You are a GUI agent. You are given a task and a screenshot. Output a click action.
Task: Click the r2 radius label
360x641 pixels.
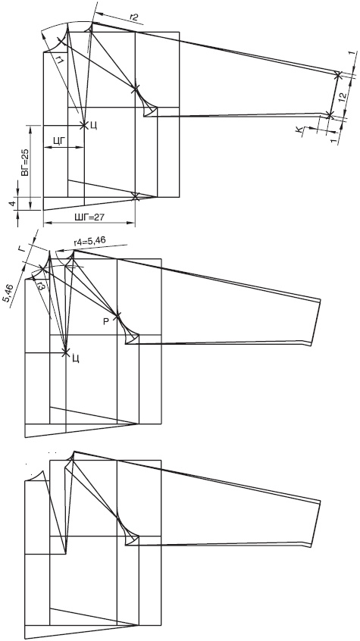point(133,17)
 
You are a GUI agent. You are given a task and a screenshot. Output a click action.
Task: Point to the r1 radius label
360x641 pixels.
point(60,61)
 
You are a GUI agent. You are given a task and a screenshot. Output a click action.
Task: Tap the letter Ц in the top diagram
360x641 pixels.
point(93,126)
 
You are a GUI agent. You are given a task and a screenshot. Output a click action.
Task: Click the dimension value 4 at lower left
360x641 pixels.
point(12,203)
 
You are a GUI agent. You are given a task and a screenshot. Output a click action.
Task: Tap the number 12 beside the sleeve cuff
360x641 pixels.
point(343,96)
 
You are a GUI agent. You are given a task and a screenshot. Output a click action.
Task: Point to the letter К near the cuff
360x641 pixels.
point(300,130)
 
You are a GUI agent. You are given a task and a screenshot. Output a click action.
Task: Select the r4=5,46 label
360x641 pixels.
point(89,241)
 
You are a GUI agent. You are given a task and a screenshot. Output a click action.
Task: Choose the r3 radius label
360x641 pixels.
point(41,286)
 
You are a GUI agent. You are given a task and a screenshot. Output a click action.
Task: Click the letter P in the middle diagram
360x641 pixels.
point(105,322)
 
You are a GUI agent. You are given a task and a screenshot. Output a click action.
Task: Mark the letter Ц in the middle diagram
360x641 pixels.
point(75,359)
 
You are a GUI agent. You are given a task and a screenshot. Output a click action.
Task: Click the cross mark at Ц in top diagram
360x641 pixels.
point(84,125)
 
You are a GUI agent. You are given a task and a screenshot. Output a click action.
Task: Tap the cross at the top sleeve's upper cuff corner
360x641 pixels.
point(338,75)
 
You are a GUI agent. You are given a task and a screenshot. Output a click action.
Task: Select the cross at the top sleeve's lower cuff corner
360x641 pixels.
point(330,115)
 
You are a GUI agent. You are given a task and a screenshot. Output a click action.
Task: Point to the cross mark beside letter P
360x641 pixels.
point(117,316)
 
